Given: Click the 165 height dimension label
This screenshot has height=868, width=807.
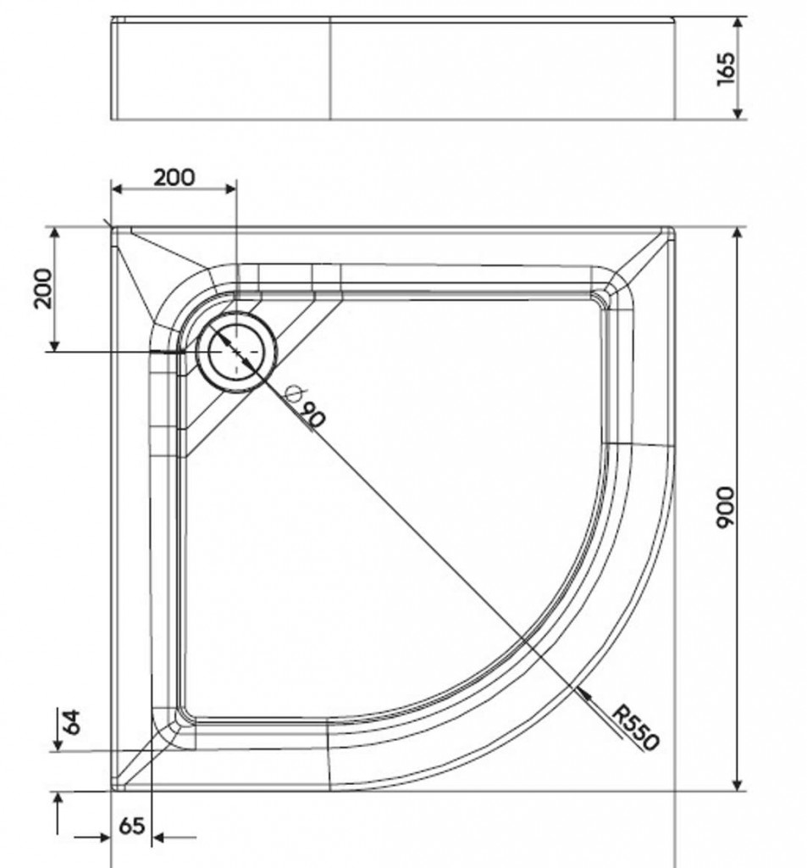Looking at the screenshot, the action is [726, 69].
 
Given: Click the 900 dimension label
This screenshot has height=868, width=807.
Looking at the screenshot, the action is [725, 508].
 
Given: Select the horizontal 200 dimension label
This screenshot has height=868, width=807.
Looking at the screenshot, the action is [174, 178].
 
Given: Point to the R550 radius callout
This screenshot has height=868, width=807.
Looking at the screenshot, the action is [636, 727].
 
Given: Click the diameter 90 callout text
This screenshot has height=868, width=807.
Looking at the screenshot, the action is [305, 407].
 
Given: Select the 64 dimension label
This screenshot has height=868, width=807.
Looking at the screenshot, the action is [72, 722].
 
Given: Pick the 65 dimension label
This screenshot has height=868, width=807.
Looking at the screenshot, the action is [131, 826].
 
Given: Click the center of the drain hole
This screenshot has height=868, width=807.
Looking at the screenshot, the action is [236, 352].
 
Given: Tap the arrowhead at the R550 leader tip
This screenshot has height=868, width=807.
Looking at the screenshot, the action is [581, 692].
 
